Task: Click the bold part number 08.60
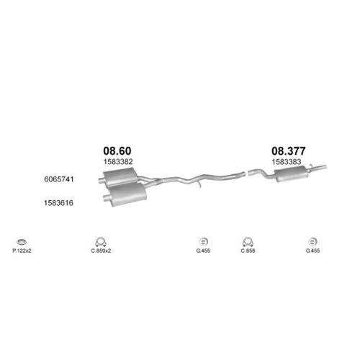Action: point(117,150)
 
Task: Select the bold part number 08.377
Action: point(289,151)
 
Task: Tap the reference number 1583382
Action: point(118,161)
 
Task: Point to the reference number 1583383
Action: point(287,162)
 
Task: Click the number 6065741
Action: point(59,179)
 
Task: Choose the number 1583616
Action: point(58,203)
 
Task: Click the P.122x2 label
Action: point(22,251)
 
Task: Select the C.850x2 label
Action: point(101,251)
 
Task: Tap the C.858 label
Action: point(248,251)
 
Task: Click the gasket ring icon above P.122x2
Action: point(22,242)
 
